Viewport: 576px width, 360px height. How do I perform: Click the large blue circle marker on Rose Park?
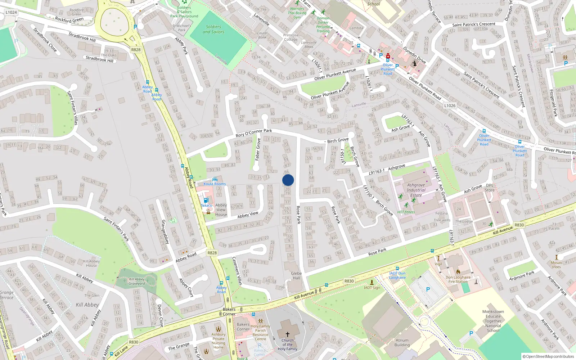click(288, 180)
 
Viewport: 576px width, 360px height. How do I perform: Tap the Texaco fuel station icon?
click(206, 200)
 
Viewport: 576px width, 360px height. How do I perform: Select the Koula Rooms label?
click(215, 184)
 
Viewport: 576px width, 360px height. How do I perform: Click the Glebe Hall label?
click(296, 276)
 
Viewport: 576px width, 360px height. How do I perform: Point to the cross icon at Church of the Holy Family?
click(287, 334)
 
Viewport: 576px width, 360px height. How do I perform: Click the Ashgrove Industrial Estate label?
click(416, 190)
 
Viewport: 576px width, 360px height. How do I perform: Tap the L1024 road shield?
click(11, 12)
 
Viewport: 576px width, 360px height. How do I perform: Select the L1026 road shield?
click(450, 105)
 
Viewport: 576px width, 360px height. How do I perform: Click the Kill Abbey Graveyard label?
click(137, 281)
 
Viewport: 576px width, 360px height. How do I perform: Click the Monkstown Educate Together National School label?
click(493, 321)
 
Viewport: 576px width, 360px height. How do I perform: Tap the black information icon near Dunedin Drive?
click(414, 64)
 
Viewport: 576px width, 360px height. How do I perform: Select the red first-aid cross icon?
click(388, 57)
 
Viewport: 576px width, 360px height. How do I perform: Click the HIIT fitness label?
click(406, 212)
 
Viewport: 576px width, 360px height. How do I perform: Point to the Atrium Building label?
click(402, 342)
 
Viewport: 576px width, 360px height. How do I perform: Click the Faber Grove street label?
click(258, 149)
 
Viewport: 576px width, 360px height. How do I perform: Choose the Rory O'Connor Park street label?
click(254, 133)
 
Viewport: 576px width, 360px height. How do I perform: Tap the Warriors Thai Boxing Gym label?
click(297, 13)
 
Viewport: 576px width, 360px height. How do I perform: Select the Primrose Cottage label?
click(291, 37)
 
